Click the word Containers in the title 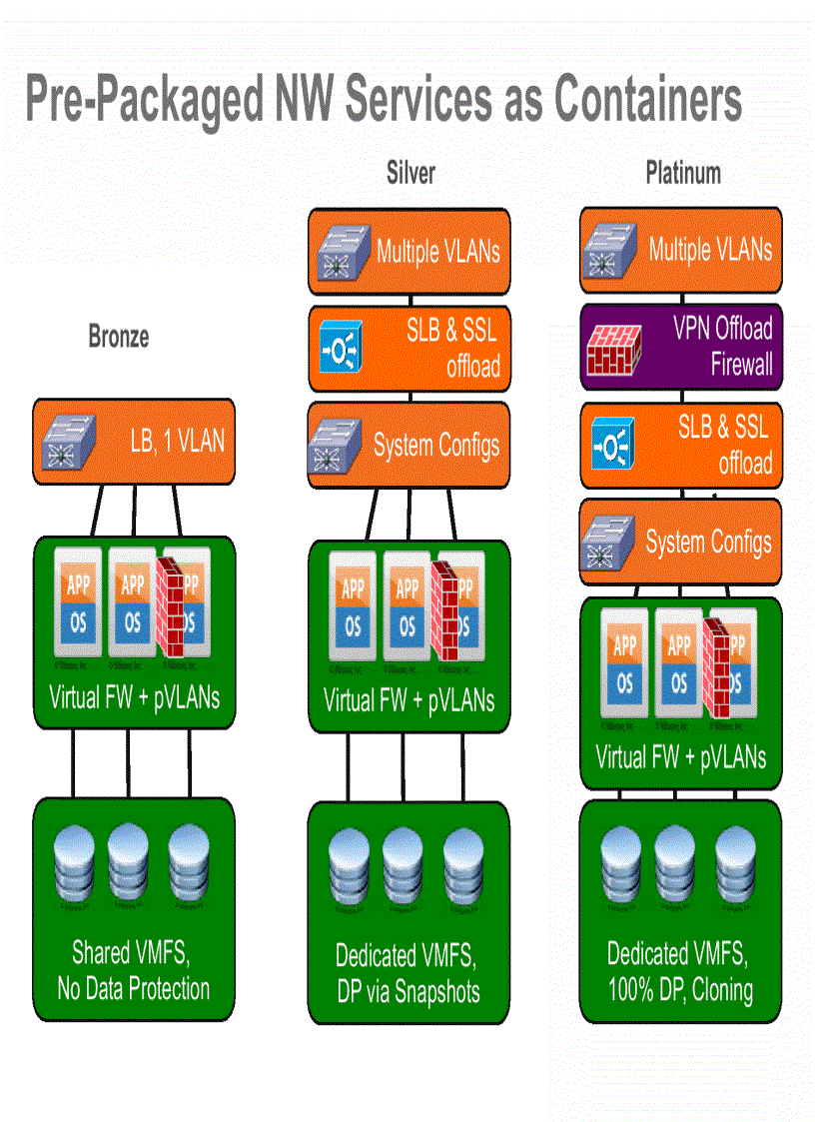coord(647,100)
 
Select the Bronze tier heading coord(119,337)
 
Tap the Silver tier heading coord(410,173)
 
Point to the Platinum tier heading coord(682,173)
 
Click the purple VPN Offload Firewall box coord(681,346)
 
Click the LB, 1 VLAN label coord(177,441)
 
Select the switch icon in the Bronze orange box coord(70,441)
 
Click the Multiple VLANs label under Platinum coord(710,250)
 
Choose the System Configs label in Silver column coord(436,446)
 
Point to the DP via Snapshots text coord(407,992)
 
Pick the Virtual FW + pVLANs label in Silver coord(408,699)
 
